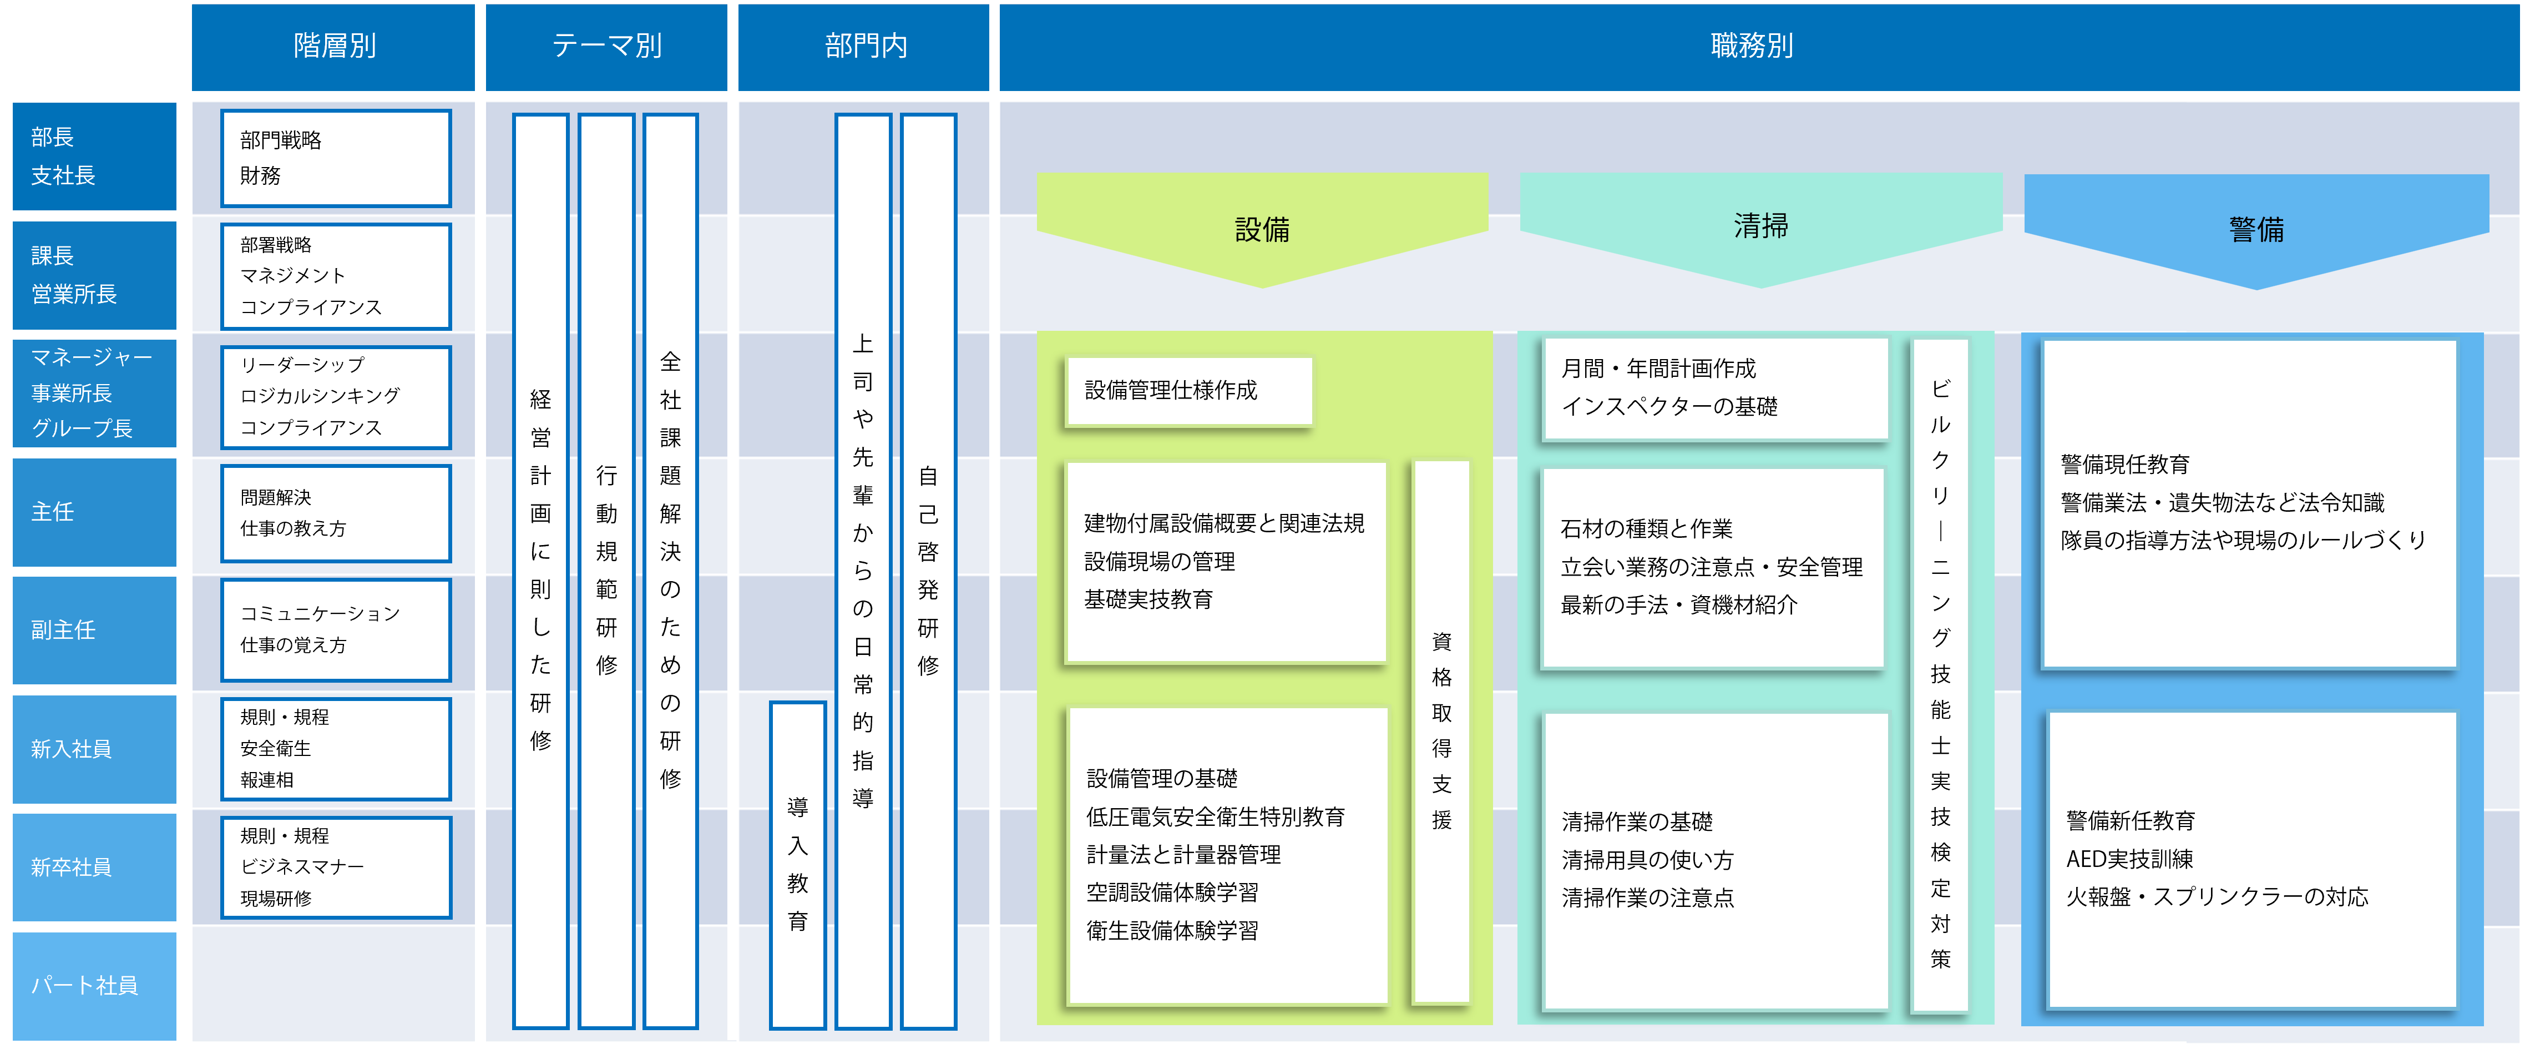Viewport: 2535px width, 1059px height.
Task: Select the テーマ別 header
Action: [606, 46]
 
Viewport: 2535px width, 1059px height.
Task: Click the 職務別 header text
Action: [1752, 46]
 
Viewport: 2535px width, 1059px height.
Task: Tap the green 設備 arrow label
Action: [1263, 229]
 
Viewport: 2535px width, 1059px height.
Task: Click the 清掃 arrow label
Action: [1760, 226]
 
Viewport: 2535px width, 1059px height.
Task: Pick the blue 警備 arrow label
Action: [2256, 229]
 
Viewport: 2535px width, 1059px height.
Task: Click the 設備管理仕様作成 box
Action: [1190, 391]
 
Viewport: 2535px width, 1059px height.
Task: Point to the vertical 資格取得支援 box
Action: [1441, 732]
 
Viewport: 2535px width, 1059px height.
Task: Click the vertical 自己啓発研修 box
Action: [928, 571]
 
